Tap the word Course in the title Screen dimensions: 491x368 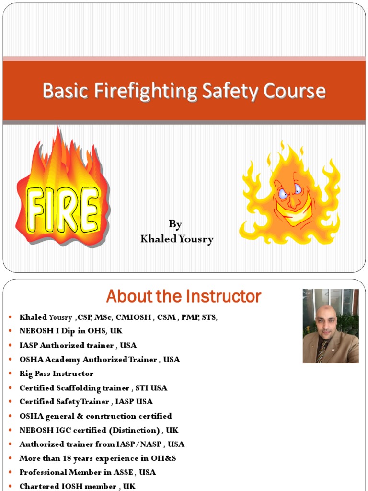click(297, 91)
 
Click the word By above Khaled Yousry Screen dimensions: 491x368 click(175, 224)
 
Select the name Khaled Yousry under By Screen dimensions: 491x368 click(177, 239)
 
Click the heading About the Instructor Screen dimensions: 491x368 click(184, 296)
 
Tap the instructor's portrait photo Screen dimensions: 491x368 click(331, 326)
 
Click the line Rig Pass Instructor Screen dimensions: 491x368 click(56, 374)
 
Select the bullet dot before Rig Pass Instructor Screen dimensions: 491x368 click(10, 374)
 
